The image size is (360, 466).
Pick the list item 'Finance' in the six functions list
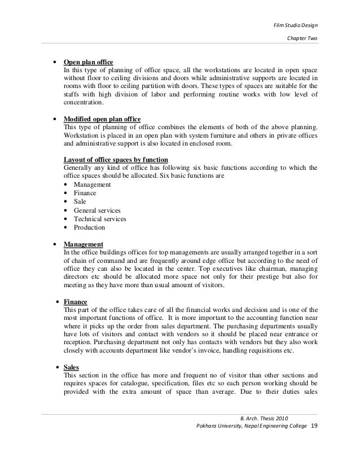[x=85, y=193]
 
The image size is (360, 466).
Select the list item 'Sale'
[x=80, y=201]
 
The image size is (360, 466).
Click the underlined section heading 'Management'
[x=84, y=244]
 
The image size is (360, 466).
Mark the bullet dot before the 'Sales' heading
[x=58, y=367]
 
